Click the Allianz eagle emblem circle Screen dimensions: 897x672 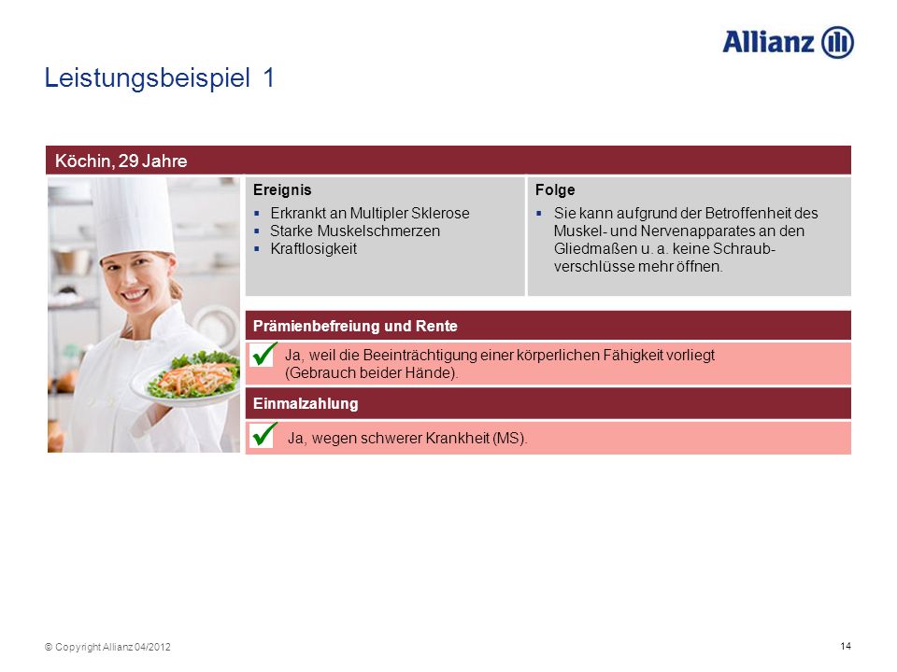[x=837, y=42]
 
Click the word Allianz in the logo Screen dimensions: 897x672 [x=768, y=42]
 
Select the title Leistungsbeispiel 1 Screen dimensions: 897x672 [x=160, y=78]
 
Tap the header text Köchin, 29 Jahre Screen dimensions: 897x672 [x=121, y=161]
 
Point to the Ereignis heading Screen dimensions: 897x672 [x=282, y=189]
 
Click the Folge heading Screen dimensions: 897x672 [x=555, y=189]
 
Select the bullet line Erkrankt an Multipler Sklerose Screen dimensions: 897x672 [x=370, y=213]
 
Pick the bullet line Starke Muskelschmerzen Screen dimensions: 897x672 [x=355, y=231]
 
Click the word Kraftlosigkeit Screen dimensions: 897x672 [x=314, y=248]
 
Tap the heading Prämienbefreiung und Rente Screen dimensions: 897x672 [x=355, y=326]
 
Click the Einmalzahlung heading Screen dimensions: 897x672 [x=306, y=403]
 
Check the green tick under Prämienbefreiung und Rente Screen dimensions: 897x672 [x=263, y=355]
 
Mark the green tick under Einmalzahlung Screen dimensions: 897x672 [x=263, y=435]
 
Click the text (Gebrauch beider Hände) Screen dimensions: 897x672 [x=372, y=373]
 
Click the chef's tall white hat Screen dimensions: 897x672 [x=135, y=217]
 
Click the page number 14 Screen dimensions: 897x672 [x=846, y=646]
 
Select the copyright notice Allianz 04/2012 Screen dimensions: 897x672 [x=107, y=647]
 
